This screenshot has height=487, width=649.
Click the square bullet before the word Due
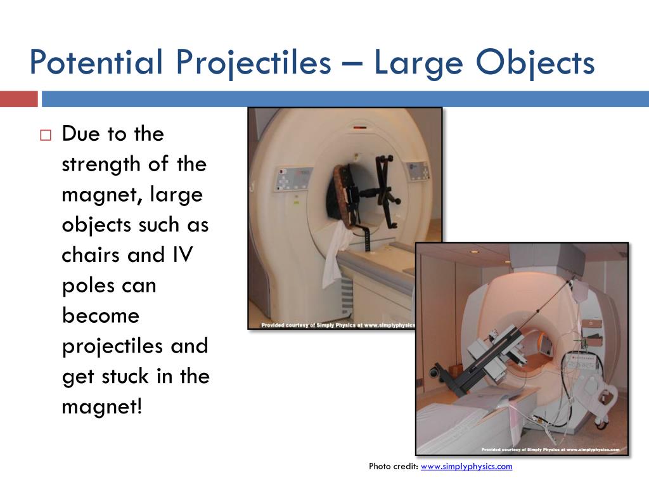(x=45, y=135)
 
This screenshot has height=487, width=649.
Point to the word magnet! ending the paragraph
(x=102, y=406)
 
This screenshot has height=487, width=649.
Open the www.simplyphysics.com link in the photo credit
(x=466, y=467)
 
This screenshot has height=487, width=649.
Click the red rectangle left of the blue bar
(x=18, y=99)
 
